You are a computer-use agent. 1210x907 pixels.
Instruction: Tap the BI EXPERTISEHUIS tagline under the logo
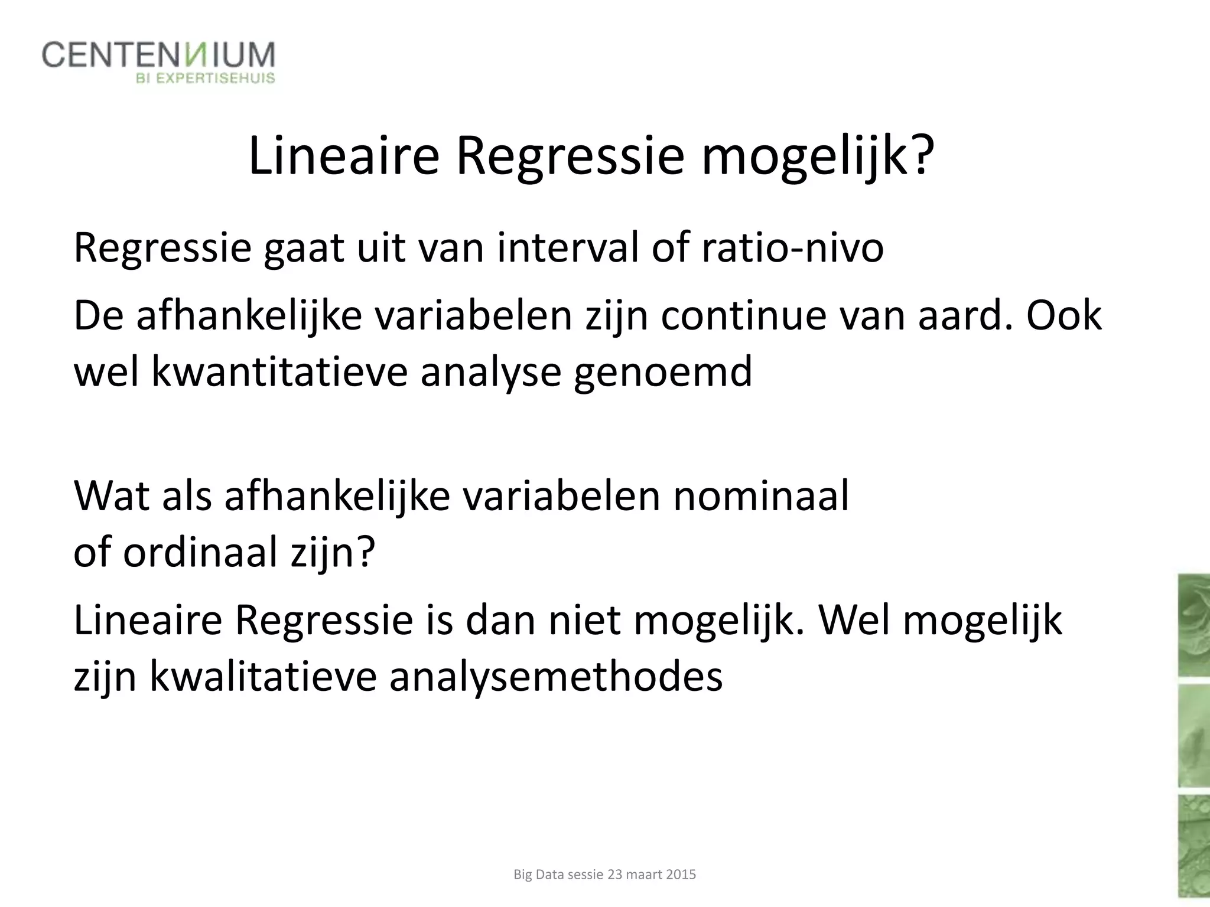click(206, 78)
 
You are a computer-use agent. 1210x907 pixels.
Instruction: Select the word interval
click(568, 247)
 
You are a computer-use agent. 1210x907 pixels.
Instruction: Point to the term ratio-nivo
click(792, 247)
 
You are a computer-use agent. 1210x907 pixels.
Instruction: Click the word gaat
click(303, 247)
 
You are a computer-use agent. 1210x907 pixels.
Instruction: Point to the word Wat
click(110, 495)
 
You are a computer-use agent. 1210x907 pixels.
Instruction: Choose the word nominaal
click(760, 495)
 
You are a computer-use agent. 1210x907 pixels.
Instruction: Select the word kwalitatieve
click(263, 676)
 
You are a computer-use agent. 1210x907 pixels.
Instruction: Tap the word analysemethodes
click(556, 676)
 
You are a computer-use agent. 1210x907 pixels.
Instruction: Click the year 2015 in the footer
click(681, 875)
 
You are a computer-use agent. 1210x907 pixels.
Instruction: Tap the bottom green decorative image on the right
click(1193, 850)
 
